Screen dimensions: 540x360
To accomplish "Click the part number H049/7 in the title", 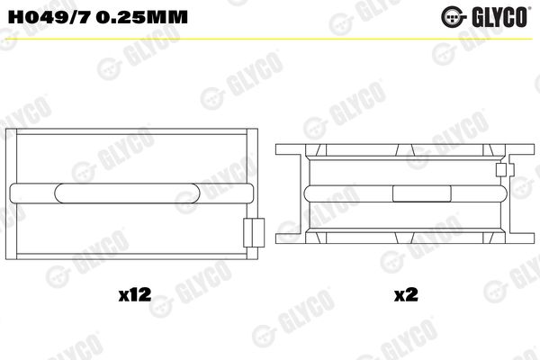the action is [x=49, y=16].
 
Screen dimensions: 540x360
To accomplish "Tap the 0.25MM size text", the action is [x=141, y=16].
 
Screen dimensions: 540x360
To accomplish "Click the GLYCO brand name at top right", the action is [x=499, y=17].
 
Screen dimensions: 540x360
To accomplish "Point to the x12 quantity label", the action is [x=135, y=295].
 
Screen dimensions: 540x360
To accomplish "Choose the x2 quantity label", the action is [x=406, y=295].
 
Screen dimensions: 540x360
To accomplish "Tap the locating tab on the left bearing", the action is [x=254, y=232].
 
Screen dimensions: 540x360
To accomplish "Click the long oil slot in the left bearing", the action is [x=127, y=193].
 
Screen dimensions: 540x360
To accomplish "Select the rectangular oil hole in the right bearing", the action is [x=421, y=193].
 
